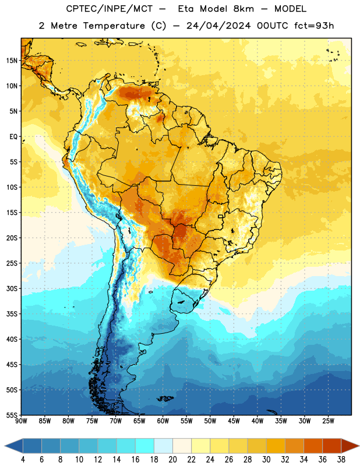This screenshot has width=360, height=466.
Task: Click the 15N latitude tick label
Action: click(x=11, y=61)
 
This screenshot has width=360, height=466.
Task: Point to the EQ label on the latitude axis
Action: click(x=13, y=137)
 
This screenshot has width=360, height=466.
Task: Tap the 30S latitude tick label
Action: click(x=12, y=288)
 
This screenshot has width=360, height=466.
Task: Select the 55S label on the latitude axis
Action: click(x=12, y=415)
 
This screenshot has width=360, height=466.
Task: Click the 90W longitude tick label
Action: click(x=21, y=421)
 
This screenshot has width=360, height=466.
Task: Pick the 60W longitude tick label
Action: click(x=163, y=421)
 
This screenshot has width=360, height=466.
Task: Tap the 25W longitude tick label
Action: click(x=328, y=421)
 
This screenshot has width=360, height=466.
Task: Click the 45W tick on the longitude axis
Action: click(x=234, y=421)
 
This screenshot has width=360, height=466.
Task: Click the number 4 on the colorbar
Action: click(x=23, y=460)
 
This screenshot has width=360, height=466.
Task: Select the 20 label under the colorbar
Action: click(x=172, y=460)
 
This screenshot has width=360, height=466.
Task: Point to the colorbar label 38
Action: click(x=341, y=460)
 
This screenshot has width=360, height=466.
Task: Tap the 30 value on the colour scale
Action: click(x=266, y=460)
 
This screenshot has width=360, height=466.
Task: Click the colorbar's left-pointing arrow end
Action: click(x=14, y=446)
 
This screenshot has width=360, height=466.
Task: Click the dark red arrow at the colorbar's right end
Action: click(x=351, y=446)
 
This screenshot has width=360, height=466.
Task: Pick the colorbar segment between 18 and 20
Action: click(x=164, y=446)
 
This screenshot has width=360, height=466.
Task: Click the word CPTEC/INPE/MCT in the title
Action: click(x=109, y=9)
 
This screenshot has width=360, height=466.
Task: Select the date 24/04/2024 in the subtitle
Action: click(x=218, y=26)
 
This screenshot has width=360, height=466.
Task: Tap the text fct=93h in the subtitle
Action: click(x=314, y=26)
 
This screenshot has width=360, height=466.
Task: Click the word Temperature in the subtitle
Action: click(x=114, y=26)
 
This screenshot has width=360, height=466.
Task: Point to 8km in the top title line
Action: click(x=243, y=9)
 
